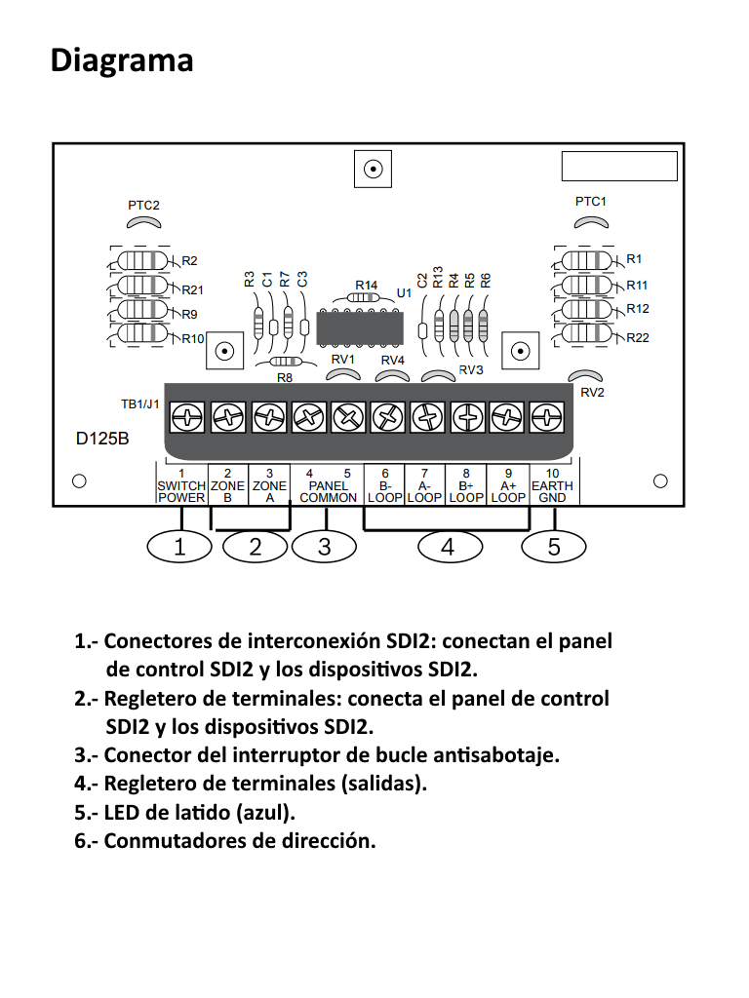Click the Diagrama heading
(x=122, y=60)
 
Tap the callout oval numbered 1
(x=179, y=547)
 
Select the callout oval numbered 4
(x=448, y=547)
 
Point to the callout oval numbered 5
(x=554, y=547)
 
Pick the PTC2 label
(x=143, y=206)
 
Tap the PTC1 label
(x=591, y=201)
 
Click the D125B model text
(x=102, y=440)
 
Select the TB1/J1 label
(x=140, y=403)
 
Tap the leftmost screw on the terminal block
(x=186, y=419)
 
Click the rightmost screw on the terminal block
(x=547, y=419)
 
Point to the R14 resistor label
(x=366, y=285)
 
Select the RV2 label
(x=593, y=393)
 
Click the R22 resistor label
(x=638, y=337)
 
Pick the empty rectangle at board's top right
(x=619, y=167)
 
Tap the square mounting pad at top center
(x=372, y=170)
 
